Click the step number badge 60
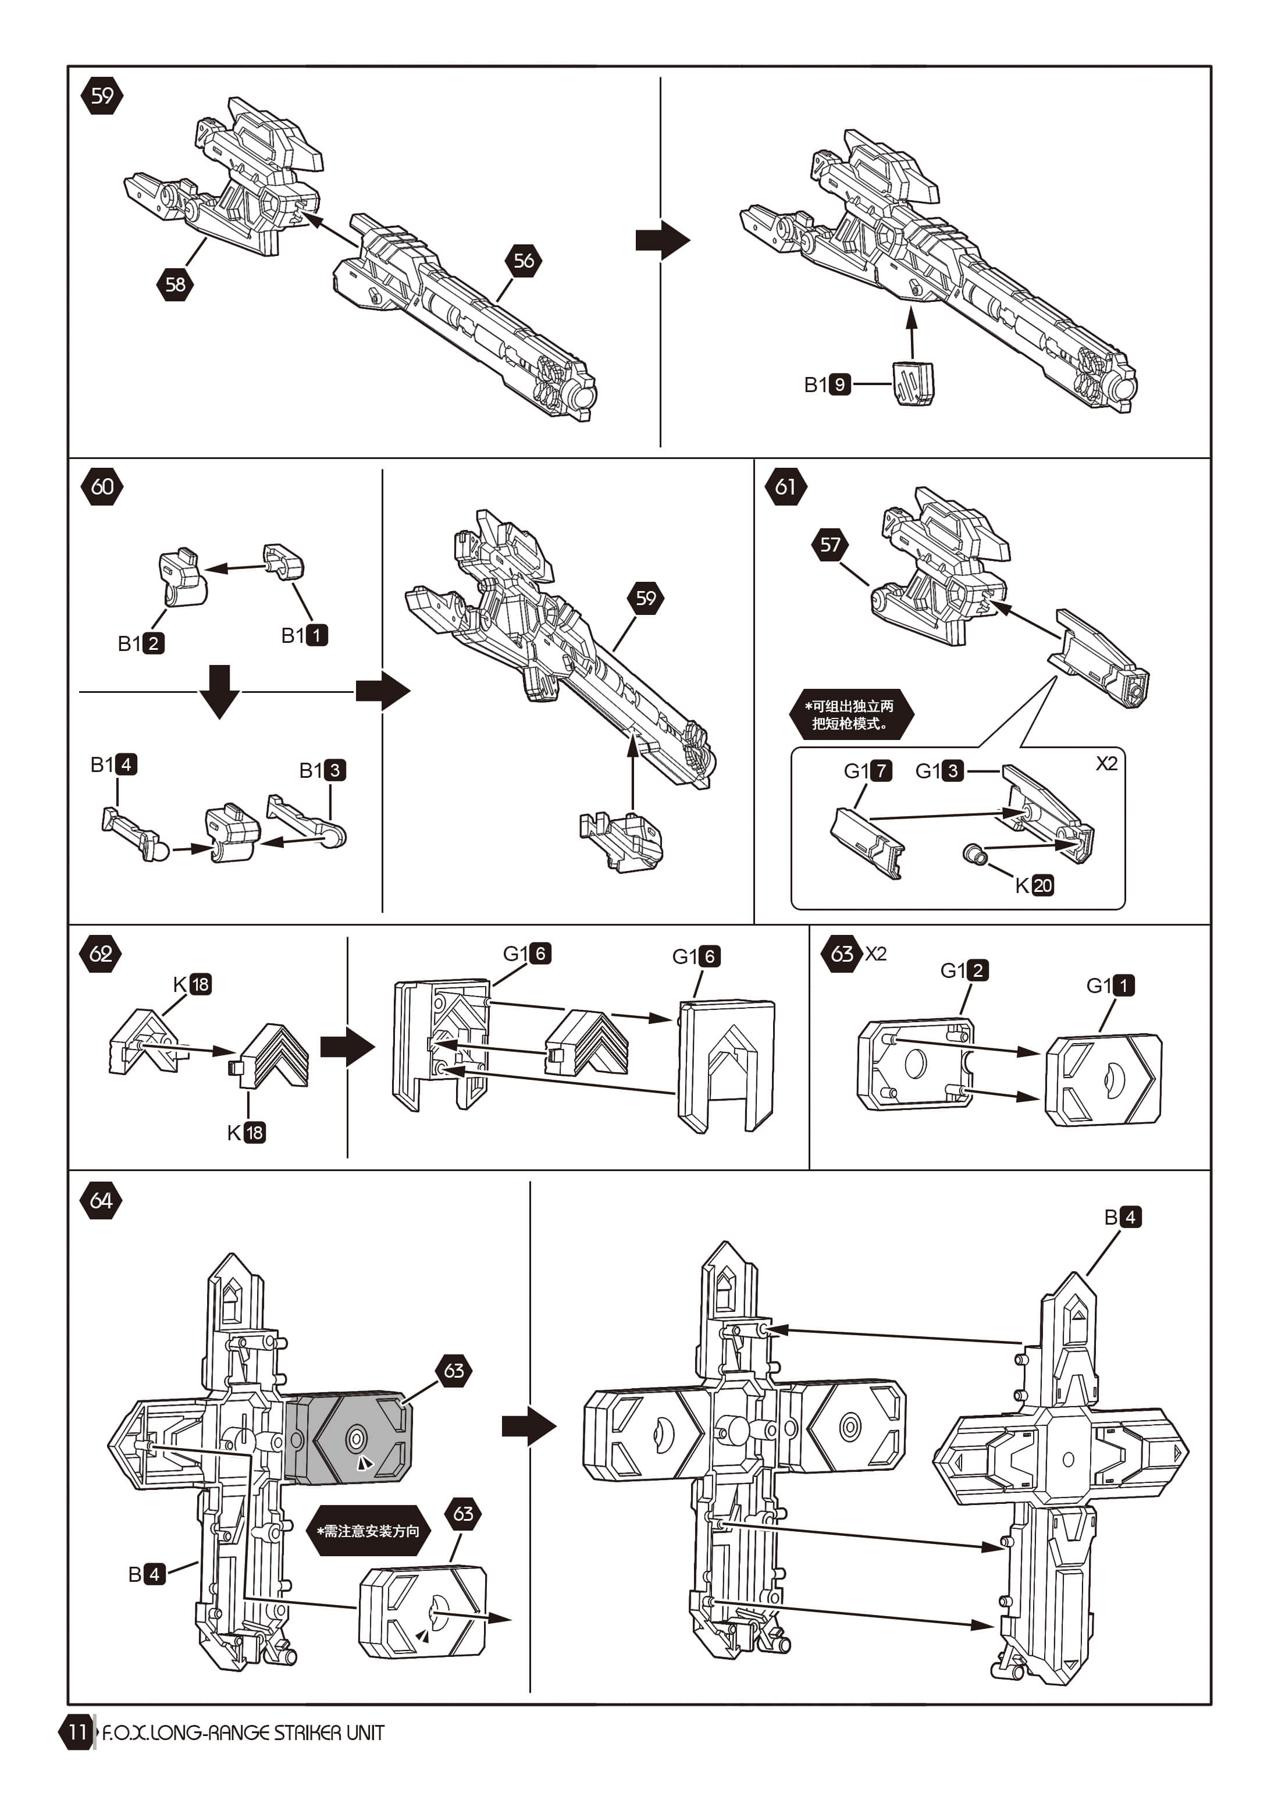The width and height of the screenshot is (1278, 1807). pyautogui.click(x=102, y=486)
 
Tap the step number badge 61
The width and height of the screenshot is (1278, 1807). pyautogui.click(x=785, y=486)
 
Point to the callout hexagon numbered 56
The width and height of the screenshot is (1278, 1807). pyautogui.click(x=524, y=261)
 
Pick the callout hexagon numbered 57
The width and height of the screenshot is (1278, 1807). pyautogui.click(x=830, y=545)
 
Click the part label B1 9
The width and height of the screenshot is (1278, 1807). pyautogui.click(x=827, y=384)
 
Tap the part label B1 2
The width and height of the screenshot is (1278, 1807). pyautogui.click(x=141, y=643)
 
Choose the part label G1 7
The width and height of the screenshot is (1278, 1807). pyautogui.click(x=868, y=770)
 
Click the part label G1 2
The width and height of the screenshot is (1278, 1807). pyautogui.click(x=964, y=970)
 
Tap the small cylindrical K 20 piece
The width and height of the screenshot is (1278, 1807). pyautogui.click(x=976, y=853)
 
